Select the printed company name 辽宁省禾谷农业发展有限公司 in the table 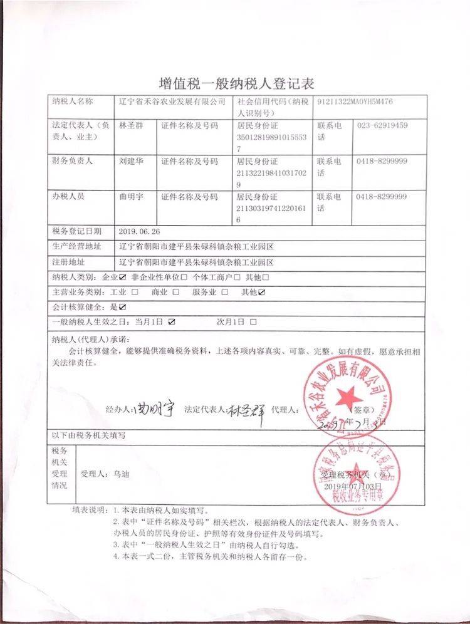coord(172,101)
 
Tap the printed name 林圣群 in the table coord(131,126)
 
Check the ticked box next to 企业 coord(122,277)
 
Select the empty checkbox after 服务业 coord(224,292)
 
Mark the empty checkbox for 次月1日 coord(253,322)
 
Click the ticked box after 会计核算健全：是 coord(123,307)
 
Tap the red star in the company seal coord(347,396)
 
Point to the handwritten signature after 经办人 coord(151,410)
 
